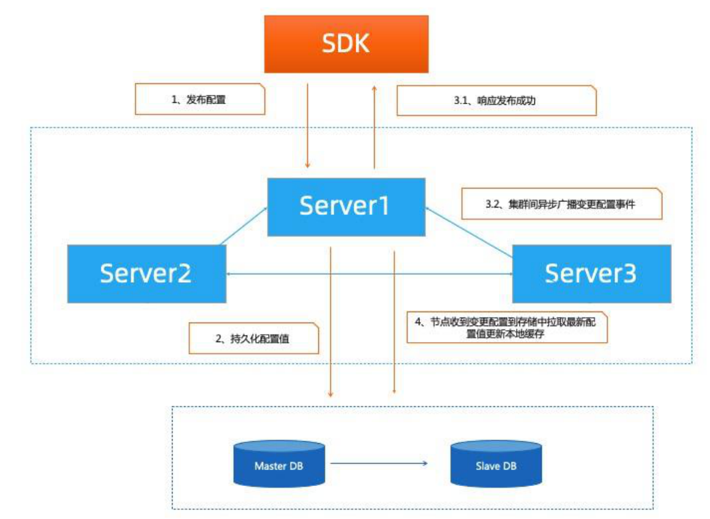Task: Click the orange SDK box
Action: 346,44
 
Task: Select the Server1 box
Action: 346,206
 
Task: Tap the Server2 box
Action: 146,274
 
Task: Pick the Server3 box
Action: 591,274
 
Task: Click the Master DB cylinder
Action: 278,466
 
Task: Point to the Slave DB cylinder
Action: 496,466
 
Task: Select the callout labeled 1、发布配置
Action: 200,100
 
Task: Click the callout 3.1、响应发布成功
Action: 496,100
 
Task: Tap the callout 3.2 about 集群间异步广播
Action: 561,204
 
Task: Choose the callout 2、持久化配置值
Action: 253,338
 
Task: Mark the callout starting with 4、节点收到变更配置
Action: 507,328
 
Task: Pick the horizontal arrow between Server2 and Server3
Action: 369,274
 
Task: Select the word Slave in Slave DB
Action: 488,466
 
